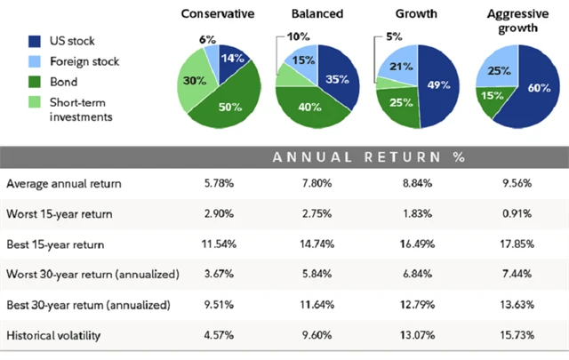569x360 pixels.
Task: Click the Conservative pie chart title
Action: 217,14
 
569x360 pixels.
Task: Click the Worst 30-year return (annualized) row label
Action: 92,275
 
